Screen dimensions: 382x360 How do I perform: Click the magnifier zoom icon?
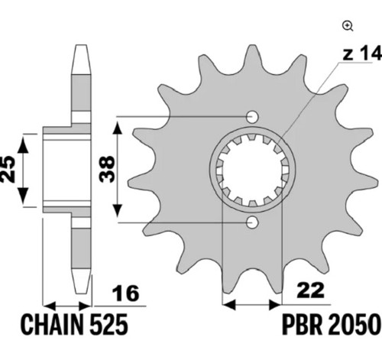(x=348, y=26)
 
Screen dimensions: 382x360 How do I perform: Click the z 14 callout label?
(x=362, y=54)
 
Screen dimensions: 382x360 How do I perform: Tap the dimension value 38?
(x=107, y=169)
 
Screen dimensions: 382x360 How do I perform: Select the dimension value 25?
(x=8, y=169)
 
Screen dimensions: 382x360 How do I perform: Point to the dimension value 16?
(x=126, y=294)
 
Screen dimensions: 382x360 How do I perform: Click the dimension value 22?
(x=311, y=290)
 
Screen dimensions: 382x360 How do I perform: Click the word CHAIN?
(x=53, y=325)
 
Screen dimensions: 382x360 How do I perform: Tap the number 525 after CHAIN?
(x=108, y=325)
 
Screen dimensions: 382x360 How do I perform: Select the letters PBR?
(x=303, y=325)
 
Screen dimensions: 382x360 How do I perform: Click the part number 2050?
(x=354, y=325)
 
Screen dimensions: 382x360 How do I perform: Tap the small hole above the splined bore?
(x=252, y=117)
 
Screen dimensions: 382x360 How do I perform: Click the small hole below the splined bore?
(x=252, y=223)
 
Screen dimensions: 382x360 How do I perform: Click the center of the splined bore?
(x=252, y=170)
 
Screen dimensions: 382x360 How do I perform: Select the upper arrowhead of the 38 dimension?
(x=117, y=128)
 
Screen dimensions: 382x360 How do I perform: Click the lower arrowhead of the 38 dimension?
(x=117, y=210)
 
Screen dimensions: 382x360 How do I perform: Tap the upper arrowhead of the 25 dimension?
(x=23, y=144)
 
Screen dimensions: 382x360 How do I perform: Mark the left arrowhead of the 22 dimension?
(x=228, y=304)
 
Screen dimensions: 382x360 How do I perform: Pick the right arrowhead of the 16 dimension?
(x=85, y=305)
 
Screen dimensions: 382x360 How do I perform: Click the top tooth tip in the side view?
(x=81, y=45)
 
